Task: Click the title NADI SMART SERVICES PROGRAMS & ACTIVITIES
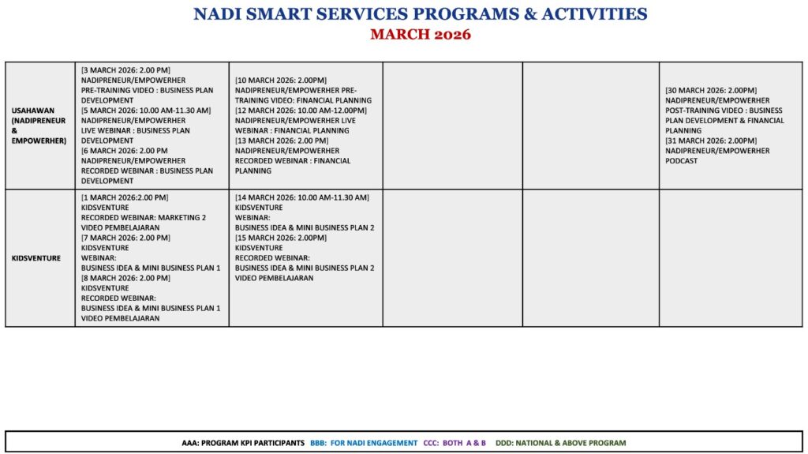pyautogui.click(x=420, y=14)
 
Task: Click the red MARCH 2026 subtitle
pyautogui.click(x=420, y=34)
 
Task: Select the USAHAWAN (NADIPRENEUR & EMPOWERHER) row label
pyautogui.click(x=39, y=126)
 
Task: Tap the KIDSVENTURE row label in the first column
pyautogui.click(x=36, y=258)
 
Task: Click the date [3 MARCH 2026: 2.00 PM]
pyautogui.click(x=125, y=70)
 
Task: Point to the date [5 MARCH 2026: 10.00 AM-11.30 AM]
pyautogui.click(x=146, y=111)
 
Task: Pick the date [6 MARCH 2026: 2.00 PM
pyautogui.click(x=125, y=151)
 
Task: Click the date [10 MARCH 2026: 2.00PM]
pyautogui.click(x=281, y=81)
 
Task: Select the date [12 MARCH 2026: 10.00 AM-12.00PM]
pyautogui.click(x=301, y=111)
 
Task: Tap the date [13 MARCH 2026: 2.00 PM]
pyautogui.click(x=282, y=141)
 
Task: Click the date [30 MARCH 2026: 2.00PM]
pyautogui.click(x=711, y=91)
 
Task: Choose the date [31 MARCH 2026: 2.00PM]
pyautogui.click(x=711, y=141)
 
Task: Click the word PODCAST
pyautogui.click(x=682, y=161)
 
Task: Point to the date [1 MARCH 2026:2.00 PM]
pyautogui.click(x=125, y=197)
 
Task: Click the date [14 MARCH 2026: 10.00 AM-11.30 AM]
pyautogui.click(x=302, y=197)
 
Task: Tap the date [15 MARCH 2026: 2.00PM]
pyautogui.click(x=281, y=238)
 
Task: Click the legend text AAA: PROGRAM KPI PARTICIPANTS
pyautogui.click(x=243, y=443)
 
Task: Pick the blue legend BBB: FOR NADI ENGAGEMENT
pyautogui.click(x=364, y=443)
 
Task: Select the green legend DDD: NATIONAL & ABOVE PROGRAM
pyautogui.click(x=560, y=443)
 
